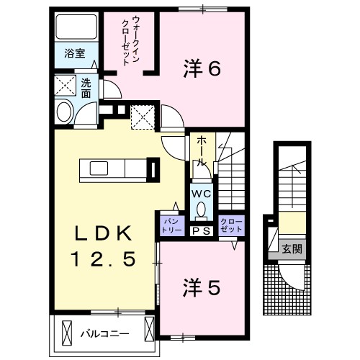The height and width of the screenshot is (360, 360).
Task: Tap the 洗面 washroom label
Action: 86,87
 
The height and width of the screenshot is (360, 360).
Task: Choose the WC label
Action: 201,194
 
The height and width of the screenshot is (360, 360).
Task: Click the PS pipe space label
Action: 201,230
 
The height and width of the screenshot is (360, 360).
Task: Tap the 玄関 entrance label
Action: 291,249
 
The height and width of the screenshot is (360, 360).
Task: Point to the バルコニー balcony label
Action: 104,333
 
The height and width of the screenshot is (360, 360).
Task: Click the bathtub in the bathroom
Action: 73,28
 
